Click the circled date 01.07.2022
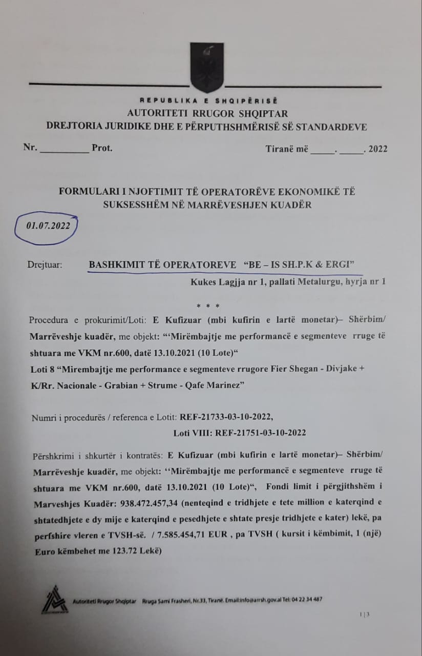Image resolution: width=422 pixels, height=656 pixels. point(46,224)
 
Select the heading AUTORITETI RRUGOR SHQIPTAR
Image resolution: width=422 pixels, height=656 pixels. point(207,113)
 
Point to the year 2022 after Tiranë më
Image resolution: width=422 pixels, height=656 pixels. point(378,149)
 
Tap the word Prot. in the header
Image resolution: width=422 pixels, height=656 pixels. point(102,148)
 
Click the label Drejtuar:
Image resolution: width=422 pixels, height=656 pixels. point(45,265)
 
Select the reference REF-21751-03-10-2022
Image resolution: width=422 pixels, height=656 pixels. point(261,433)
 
